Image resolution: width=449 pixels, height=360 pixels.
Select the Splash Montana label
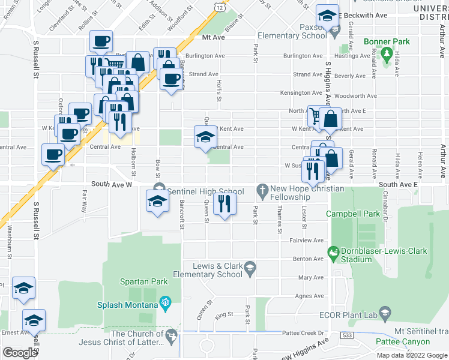pyautogui.click(x=128, y=305)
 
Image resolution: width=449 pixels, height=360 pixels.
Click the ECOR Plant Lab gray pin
pyautogui.click(x=386, y=313)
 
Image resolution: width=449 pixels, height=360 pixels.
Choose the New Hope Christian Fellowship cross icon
pyautogui.click(x=262, y=191)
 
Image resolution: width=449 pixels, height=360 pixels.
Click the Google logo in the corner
pyautogui.click(x=20, y=352)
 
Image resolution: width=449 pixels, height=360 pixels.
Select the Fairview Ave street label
pyautogui.click(x=307, y=240)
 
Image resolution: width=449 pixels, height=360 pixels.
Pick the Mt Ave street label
pyautogui.click(x=212, y=37)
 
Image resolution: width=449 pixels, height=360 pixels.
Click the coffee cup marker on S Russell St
pyautogui.click(x=53, y=155)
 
